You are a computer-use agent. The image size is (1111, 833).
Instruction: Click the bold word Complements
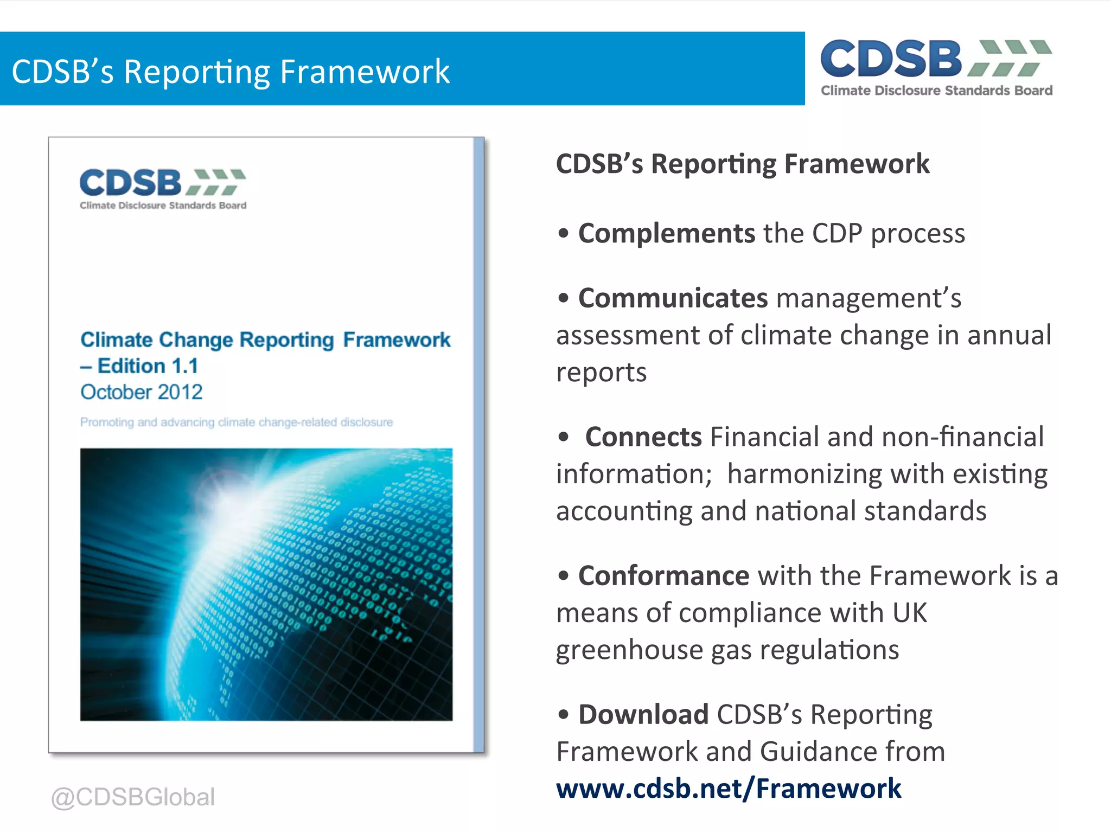click(666, 234)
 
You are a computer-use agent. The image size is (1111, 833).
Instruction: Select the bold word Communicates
click(673, 298)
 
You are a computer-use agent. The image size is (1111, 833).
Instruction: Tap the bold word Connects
click(643, 437)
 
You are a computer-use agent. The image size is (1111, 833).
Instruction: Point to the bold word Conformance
click(663, 576)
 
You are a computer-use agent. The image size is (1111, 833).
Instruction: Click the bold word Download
click(643, 715)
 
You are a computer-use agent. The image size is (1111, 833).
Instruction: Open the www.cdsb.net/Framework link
click(729, 789)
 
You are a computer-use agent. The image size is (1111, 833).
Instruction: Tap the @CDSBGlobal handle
click(133, 797)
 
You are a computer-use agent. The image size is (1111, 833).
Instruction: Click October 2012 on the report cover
click(142, 392)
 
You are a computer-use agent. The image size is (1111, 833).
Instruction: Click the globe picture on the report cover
click(266, 584)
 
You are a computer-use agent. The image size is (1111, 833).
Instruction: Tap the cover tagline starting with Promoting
click(237, 422)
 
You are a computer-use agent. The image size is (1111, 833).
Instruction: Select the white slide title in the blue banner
click(231, 72)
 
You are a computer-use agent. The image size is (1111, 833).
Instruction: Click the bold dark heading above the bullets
click(743, 164)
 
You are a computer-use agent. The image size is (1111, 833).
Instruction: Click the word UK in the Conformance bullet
click(909, 613)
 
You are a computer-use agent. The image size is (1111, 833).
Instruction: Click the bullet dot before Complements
click(564, 234)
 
